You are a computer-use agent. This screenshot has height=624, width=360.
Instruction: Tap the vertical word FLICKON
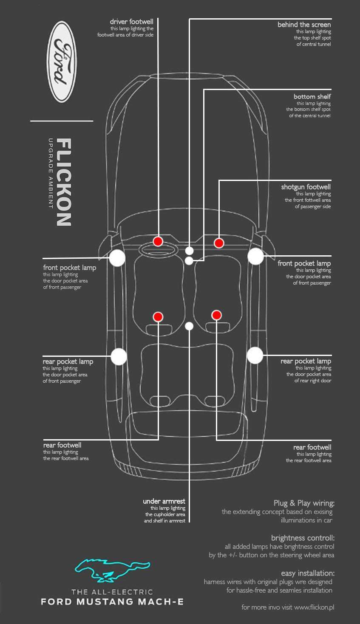coord(64,182)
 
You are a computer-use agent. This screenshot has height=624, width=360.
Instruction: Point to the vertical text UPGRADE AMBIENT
coord(51,173)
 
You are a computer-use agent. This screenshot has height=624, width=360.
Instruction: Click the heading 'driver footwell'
coord(131,22)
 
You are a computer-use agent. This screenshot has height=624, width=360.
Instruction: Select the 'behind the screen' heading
coord(304,25)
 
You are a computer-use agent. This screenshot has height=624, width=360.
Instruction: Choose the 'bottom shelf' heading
coord(312,96)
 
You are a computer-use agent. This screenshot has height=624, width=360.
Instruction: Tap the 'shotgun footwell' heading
coord(306,187)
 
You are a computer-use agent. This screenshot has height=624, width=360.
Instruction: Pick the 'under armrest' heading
coord(164,501)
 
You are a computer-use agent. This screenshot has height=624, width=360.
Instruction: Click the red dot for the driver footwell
coord(158,241)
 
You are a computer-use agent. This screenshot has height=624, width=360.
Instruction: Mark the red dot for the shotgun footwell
coord(219,243)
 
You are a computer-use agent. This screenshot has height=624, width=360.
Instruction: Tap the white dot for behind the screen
coord(189,251)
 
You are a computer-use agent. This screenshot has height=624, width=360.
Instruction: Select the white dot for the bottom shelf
coord(189,261)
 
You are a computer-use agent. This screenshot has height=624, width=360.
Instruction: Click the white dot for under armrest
coord(190,326)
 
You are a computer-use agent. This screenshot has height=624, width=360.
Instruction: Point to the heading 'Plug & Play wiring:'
coord(304,503)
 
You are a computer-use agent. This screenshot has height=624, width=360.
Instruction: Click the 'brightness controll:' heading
coord(303,538)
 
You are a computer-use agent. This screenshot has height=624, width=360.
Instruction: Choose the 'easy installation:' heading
coord(308,573)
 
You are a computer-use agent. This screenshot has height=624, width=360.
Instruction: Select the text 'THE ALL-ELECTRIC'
coord(112,592)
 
